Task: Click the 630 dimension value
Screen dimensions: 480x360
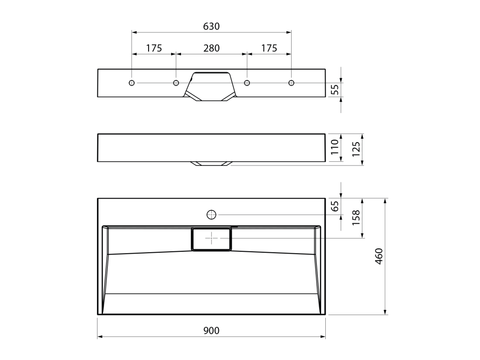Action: pyautogui.click(x=211, y=26)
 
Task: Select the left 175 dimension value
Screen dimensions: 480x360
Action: pyautogui.click(x=154, y=48)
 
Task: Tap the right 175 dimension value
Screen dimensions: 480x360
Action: pyautogui.click(x=269, y=48)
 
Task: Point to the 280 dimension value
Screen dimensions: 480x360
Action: pyautogui.click(x=211, y=48)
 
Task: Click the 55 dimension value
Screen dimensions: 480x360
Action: pyautogui.click(x=336, y=89)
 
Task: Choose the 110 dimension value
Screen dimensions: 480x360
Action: pyautogui.click(x=335, y=147)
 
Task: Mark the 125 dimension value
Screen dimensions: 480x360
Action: pyautogui.click(x=356, y=149)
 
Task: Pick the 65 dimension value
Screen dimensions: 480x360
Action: pyautogui.click(x=336, y=206)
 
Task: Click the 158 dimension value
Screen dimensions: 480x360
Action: pyautogui.click(x=356, y=217)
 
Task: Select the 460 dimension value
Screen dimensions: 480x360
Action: pyautogui.click(x=379, y=256)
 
